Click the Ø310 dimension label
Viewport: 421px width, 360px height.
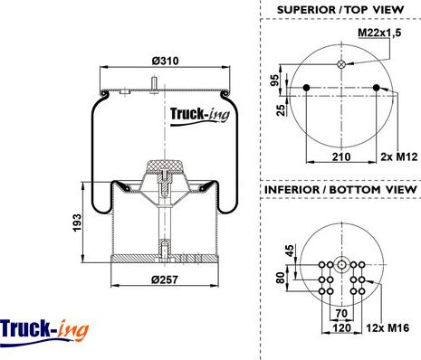(165, 61)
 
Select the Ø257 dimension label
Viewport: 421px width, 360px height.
(165, 279)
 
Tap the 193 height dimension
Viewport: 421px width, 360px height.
(77, 223)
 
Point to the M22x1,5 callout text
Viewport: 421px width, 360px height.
(379, 33)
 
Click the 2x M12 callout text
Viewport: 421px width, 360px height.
(399, 156)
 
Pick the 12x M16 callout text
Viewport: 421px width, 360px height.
(388, 327)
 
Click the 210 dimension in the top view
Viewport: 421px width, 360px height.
(341, 156)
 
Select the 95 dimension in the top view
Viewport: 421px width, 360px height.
(275, 81)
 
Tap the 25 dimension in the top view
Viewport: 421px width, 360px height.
(281, 110)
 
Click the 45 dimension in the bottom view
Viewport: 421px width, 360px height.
(290, 251)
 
